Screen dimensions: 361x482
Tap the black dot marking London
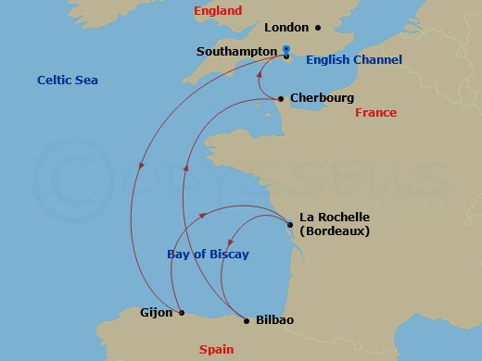pos(317,28)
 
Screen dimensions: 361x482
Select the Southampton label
pos(236,52)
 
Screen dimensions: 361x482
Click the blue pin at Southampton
pos(286,52)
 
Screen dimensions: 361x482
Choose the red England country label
pos(219,11)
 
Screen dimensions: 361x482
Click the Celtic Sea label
pos(67,81)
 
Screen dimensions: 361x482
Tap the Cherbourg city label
pos(322,97)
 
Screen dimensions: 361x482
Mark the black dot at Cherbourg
pos(281,98)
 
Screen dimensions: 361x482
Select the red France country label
pos(375,113)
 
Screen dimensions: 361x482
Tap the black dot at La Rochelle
pos(290,224)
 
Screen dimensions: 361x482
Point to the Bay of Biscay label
pos(208,255)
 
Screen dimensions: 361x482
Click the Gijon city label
pos(155,313)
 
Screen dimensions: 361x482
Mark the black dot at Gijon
pos(182,313)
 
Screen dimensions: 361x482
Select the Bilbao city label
pos(275,320)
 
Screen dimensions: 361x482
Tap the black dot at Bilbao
pos(246,320)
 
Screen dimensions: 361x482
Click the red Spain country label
pos(216,349)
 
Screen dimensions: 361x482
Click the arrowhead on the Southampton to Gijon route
pos(142,167)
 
